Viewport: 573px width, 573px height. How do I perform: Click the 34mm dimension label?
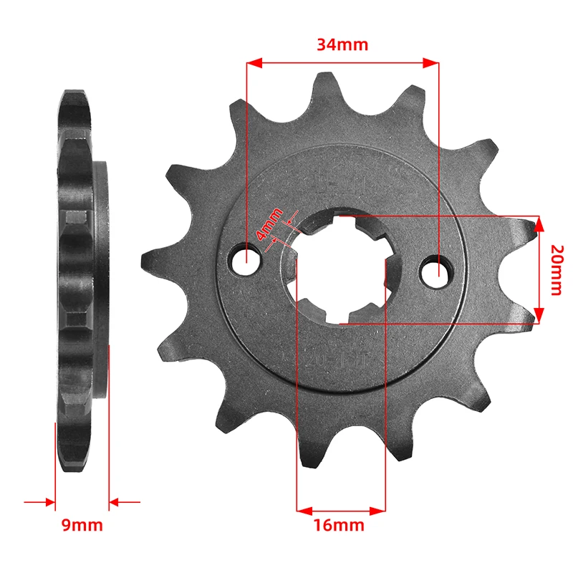[x=342, y=44]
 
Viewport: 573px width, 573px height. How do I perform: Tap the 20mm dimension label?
[x=557, y=269]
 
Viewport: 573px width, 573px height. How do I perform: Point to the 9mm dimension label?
[x=81, y=525]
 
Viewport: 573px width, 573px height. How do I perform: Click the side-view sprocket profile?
[x=79, y=279]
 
